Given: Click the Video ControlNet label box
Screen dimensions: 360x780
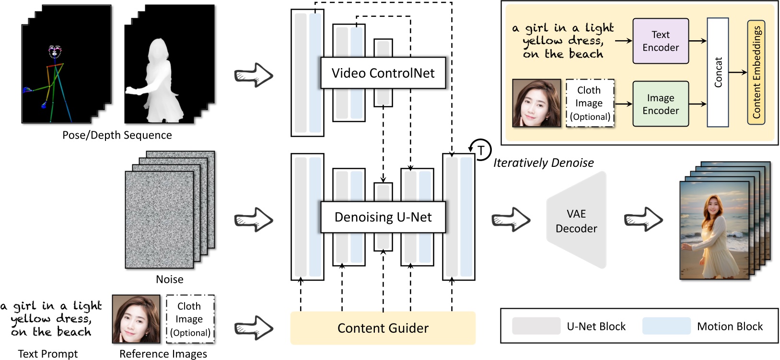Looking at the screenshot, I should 383,73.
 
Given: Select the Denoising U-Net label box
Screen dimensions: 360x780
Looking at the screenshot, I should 383,217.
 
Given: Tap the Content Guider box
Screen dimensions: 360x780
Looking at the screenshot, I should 383,328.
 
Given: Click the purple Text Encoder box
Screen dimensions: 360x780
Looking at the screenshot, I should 660,41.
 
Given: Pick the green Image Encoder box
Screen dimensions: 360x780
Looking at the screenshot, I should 660,104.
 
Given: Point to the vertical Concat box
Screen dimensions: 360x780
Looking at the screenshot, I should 718,72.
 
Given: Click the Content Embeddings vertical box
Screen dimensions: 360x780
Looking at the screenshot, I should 756,72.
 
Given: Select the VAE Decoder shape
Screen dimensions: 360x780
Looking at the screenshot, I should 576,221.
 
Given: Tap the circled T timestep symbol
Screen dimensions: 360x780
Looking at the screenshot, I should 481,150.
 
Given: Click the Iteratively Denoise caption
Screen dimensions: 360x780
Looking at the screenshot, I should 543,163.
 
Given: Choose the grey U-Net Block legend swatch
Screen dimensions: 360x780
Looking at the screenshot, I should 536,326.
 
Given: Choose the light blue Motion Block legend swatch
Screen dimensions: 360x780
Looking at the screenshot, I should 666,326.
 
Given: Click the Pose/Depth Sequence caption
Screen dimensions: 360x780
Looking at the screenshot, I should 117,135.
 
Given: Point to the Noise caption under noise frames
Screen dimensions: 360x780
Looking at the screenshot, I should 169,279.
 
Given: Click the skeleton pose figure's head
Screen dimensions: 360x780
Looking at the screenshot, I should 55,51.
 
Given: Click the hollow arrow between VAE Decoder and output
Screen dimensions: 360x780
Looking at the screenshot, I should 643,220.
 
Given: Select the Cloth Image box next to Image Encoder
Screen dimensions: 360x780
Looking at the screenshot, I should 589,103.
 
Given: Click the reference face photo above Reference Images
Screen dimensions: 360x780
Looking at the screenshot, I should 136,319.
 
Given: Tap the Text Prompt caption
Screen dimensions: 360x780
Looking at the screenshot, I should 47,354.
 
